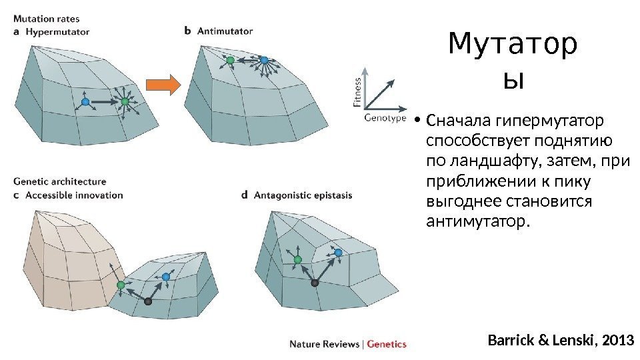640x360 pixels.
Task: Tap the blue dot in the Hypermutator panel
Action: (85, 101)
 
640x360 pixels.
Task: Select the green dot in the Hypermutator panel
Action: (125, 101)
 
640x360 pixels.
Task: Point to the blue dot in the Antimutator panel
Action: (264, 60)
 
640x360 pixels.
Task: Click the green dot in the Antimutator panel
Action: (230, 60)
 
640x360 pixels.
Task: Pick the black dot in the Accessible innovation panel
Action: (148, 301)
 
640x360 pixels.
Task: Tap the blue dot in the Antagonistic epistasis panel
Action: (339, 253)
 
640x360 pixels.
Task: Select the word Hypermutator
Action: (58, 31)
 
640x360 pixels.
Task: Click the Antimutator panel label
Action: (224, 31)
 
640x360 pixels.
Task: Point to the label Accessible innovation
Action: (73, 195)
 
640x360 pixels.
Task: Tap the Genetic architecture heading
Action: (59, 181)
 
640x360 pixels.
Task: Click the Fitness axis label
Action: (357, 91)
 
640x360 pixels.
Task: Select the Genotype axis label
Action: (385, 118)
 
